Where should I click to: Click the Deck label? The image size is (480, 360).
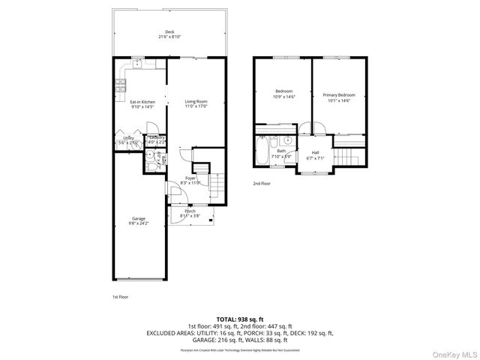click(x=170, y=31)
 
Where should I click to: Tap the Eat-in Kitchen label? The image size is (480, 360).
click(x=142, y=102)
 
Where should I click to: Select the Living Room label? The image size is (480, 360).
click(x=196, y=101)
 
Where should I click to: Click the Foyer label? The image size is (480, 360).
click(x=191, y=178)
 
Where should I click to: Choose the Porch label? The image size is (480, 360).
click(x=190, y=211)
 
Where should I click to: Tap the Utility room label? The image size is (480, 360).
click(x=129, y=138)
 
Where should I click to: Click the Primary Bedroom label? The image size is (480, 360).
click(x=339, y=95)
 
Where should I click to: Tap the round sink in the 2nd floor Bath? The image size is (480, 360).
click(x=287, y=140)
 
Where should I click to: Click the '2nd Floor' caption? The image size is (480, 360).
click(x=262, y=183)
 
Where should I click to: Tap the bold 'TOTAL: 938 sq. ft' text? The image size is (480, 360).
click(x=240, y=319)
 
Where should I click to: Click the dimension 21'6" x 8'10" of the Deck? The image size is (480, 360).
click(x=170, y=37)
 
